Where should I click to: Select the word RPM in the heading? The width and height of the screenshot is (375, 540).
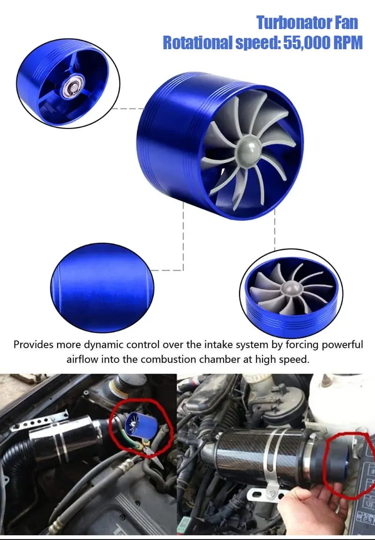[x=345, y=43]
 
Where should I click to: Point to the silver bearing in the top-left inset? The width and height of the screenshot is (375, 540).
[x=72, y=89]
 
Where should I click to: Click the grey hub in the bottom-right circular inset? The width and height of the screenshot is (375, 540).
[x=291, y=288]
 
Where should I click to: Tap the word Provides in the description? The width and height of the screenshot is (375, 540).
[x=33, y=345]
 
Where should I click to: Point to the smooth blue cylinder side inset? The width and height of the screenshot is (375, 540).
[x=102, y=287]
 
